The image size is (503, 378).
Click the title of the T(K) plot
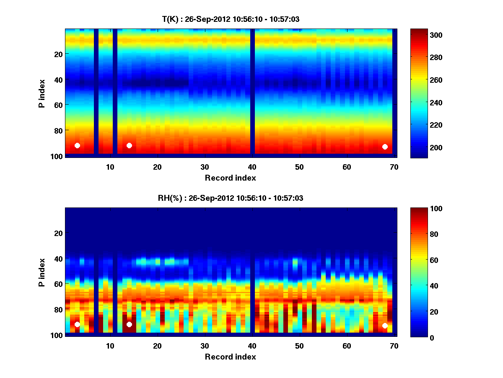tap(231, 19)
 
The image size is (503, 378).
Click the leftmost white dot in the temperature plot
tap(77, 145)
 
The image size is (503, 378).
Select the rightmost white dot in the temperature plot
tap(385, 147)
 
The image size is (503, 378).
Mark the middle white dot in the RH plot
tap(129, 324)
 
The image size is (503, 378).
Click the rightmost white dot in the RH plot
tap(385, 325)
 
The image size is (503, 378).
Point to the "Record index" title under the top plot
tap(231, 178)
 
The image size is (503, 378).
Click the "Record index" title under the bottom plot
tap(231, 357)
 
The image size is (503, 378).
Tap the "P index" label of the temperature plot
tap(41, 93)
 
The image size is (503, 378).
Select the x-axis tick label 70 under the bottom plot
tap(394, 346)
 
